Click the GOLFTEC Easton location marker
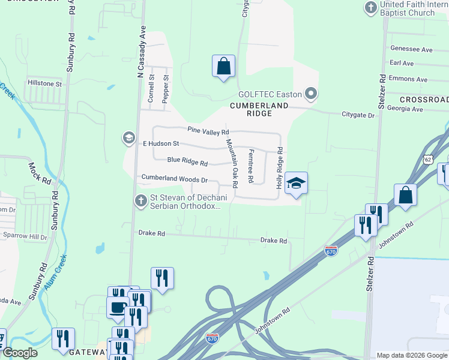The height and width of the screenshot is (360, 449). (311, 94)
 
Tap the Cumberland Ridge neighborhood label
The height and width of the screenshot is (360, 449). (259, 109)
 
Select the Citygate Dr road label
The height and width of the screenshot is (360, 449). (358, 115)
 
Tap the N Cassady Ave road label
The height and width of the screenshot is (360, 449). (142, 55)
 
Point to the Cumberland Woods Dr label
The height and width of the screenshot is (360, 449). (174, 179)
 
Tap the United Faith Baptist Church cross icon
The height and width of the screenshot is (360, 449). (370, 7)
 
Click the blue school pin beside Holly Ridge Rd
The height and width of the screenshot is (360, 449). (295, 183)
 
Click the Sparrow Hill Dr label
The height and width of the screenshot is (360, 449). (25, 238)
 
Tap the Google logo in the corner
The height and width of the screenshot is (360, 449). (20, 353)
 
